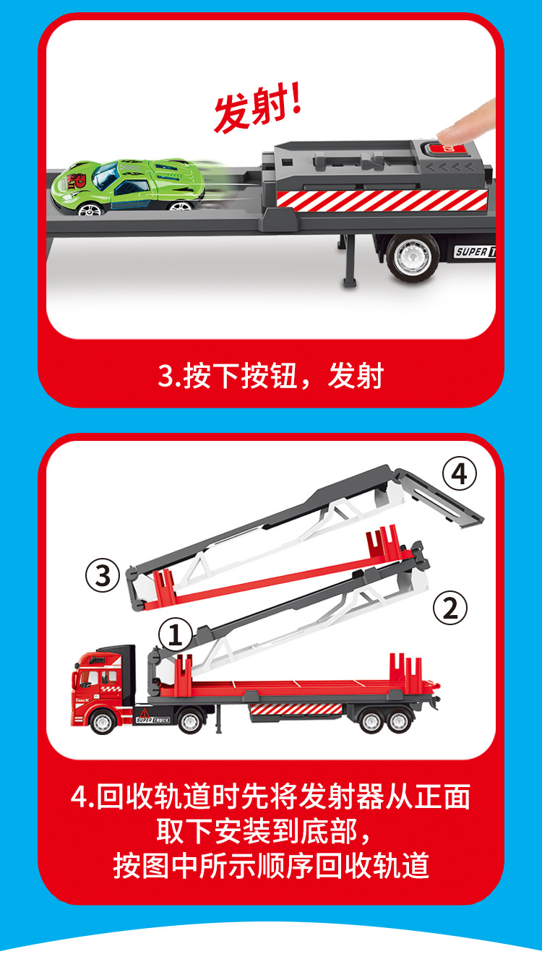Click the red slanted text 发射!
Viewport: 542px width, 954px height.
[257, 108]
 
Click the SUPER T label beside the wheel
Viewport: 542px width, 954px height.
[473, 252]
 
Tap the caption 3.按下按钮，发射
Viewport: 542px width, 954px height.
[270, 376]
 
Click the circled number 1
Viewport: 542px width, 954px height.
[175, 636]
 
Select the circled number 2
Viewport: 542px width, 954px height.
[449, 609]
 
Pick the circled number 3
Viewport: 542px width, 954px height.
[103, 576]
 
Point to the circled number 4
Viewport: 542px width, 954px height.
[460, 475]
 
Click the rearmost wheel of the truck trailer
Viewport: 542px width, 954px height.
[400, 721]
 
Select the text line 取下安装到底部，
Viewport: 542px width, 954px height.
[270, 831]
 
